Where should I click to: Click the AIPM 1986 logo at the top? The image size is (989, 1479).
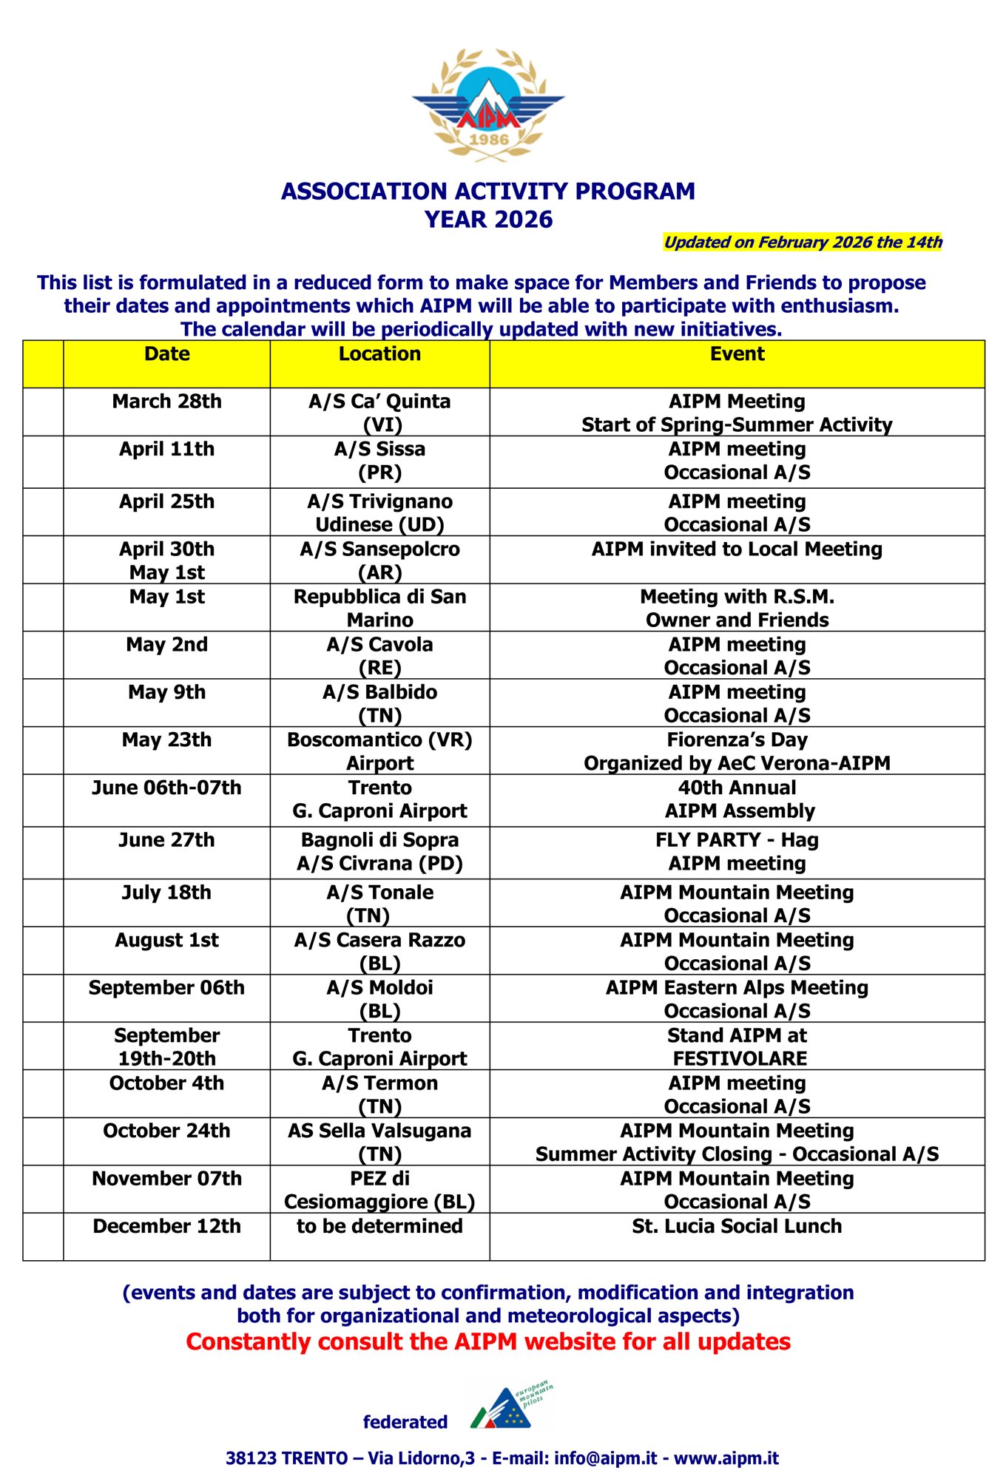(x=488, y=105)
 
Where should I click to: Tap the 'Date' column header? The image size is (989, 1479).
(x=167, y=354)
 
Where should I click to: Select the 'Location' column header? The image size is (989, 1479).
(x=379, y=354)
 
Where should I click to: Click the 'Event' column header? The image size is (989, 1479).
(x=737, y=354)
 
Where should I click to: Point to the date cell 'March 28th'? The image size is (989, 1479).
(x=167, y=402)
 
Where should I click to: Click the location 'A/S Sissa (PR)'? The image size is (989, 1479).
(x=379, y=461)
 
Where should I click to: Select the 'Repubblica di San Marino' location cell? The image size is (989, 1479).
(x=379, y=608)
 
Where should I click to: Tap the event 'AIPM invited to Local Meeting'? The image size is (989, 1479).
(x=737, y=549)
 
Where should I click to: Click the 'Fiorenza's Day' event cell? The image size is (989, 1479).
(x=737, y=751)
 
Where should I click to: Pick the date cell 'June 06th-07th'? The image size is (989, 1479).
(x=167, y=788)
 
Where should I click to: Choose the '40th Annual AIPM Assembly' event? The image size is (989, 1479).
(x=737, y=799)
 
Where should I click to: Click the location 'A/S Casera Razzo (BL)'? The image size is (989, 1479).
(x=379, y=951)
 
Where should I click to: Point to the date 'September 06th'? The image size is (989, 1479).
(x=167, y=988)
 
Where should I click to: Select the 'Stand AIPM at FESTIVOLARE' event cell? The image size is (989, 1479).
(x=737, y=1046)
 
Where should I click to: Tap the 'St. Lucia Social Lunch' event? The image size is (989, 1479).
(x=737, y=1226)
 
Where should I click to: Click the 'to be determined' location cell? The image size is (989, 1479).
(x=379, y=1226)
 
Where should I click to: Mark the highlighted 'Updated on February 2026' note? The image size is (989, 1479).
(x=803, y=243)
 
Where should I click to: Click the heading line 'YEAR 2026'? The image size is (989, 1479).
(x=488, y=220)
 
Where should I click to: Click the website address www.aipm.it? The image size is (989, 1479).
(x=726, y=1458)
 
